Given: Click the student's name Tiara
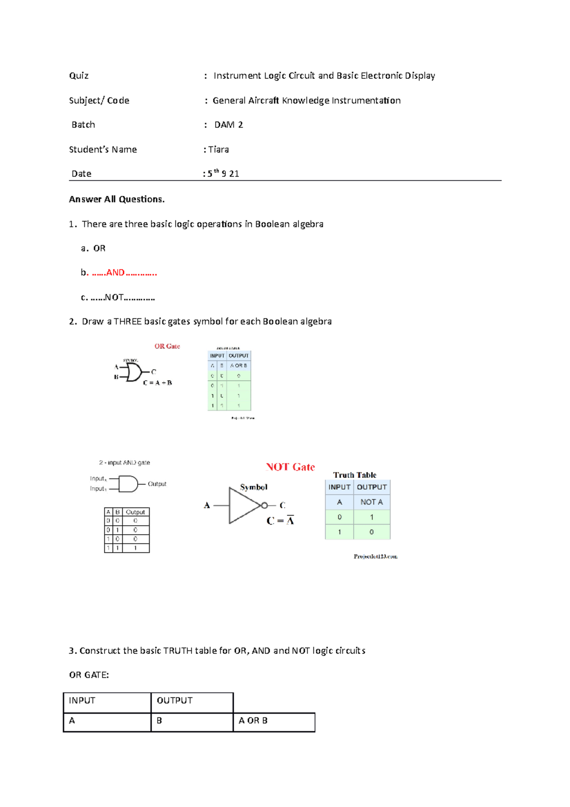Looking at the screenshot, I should point(218,150).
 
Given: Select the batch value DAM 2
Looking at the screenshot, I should point(228,125).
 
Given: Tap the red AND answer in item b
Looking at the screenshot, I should point(115,273).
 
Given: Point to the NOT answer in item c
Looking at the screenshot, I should point(114,298).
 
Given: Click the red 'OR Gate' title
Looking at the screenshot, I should point(167,346).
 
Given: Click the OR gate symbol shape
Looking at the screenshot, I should point(133,373).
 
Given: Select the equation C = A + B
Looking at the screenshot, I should point(158,383).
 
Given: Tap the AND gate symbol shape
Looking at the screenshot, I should point(127,484).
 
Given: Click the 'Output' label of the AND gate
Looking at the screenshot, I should point(157,484).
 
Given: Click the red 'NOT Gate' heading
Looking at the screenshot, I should point(290,467).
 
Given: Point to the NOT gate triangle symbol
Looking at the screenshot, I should point(243,506).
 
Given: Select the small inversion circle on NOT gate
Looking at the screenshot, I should point(265,506).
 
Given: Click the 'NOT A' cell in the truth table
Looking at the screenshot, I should point(371,502).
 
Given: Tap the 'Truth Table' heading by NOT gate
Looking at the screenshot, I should point(355,475).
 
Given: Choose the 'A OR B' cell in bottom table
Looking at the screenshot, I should point(253,721).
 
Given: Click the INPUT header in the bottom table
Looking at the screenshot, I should point(82,701).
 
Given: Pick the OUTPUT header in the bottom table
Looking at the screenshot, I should point(175,701).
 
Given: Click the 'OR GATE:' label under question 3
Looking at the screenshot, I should point(89,675).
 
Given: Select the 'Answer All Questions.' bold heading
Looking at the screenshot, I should point(117,200).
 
